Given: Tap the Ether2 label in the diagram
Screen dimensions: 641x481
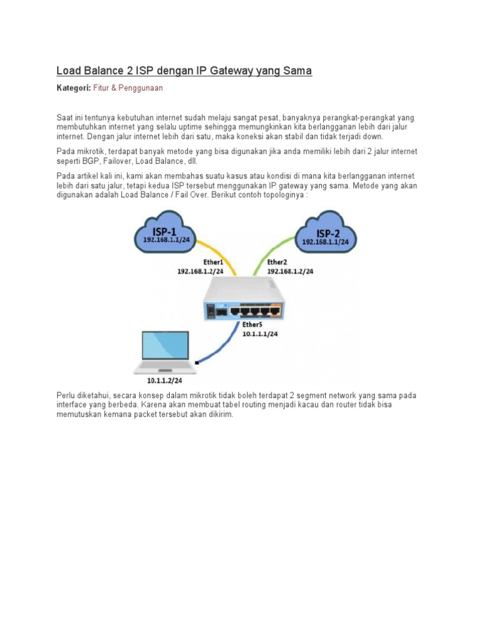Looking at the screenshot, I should click(278, 262).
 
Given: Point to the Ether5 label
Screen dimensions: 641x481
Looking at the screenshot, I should click(252, 326).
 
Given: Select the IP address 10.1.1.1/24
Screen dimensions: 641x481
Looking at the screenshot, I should click(260, 334).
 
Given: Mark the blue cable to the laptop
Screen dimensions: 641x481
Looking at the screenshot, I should click(225, 344).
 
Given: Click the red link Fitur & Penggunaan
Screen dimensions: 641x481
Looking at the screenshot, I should click(128, 88).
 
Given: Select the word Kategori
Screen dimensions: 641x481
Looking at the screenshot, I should click(73, 88).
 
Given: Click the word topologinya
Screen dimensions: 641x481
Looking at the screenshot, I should click(285, 195).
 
